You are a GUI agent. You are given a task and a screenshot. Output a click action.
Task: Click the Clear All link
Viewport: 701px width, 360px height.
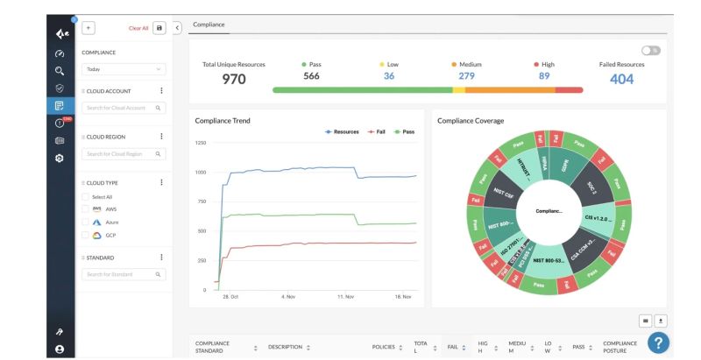(138, 28)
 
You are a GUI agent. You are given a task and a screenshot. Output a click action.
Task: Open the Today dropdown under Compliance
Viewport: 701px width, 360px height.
(123, 68)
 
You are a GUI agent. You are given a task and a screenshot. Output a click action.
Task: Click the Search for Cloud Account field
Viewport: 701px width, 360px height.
(123, 108)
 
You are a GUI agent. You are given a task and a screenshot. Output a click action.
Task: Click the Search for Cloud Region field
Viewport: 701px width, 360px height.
(123, 154)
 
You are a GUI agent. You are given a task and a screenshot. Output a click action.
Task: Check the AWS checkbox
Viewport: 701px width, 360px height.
(86, 209)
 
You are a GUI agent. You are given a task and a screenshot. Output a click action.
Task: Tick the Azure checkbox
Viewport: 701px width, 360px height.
(86, 222)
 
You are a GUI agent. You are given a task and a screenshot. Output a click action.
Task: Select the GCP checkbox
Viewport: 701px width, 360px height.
(86, 236)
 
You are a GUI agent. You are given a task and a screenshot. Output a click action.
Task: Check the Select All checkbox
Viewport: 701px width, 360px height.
(86, 197)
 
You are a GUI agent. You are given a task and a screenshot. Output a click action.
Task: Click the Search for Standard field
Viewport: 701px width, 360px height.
(123, 274)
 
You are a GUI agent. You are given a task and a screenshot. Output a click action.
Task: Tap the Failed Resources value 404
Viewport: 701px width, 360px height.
(621, 80)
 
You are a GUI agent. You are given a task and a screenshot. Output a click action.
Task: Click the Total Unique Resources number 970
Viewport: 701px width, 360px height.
(234, 80)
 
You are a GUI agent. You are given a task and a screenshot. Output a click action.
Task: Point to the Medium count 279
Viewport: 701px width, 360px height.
(466, 76)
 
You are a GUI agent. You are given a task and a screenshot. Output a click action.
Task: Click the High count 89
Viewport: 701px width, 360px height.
(544, 76)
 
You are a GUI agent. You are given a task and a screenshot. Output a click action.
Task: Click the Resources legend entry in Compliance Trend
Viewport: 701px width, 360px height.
(343, 131)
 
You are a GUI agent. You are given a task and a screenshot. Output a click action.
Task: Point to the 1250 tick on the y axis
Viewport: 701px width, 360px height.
(201, 143)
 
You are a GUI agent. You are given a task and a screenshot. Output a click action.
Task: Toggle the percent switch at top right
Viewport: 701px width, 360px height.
(650, 51)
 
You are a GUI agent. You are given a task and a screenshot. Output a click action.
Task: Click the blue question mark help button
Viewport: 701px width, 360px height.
(658, 342)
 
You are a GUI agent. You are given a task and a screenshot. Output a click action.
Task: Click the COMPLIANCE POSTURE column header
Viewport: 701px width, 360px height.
(620, 348)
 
